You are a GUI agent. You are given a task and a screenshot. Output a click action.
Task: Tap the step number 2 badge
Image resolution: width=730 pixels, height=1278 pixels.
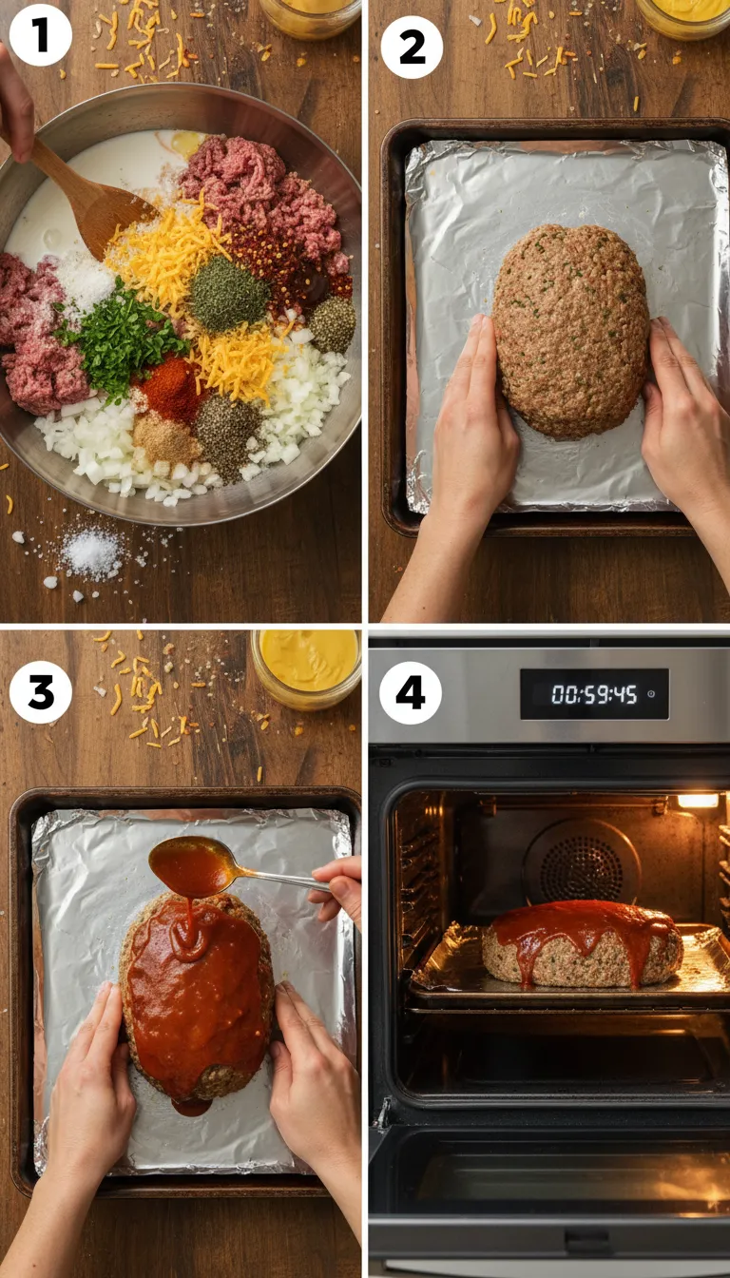point(412,47)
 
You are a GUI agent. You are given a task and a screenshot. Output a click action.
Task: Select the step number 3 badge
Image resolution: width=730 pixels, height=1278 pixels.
point(41,692)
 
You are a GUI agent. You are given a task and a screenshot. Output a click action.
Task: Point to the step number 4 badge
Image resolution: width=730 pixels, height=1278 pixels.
point(411,692)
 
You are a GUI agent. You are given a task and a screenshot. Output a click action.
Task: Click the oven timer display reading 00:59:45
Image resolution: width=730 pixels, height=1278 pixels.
point(593,694)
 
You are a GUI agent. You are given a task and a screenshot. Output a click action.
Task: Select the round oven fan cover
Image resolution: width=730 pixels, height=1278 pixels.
point(582,861)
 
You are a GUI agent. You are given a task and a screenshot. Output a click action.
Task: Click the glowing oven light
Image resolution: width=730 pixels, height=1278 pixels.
point(698,801)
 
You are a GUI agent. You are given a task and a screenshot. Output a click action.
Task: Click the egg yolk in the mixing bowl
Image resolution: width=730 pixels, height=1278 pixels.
point(184,144)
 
